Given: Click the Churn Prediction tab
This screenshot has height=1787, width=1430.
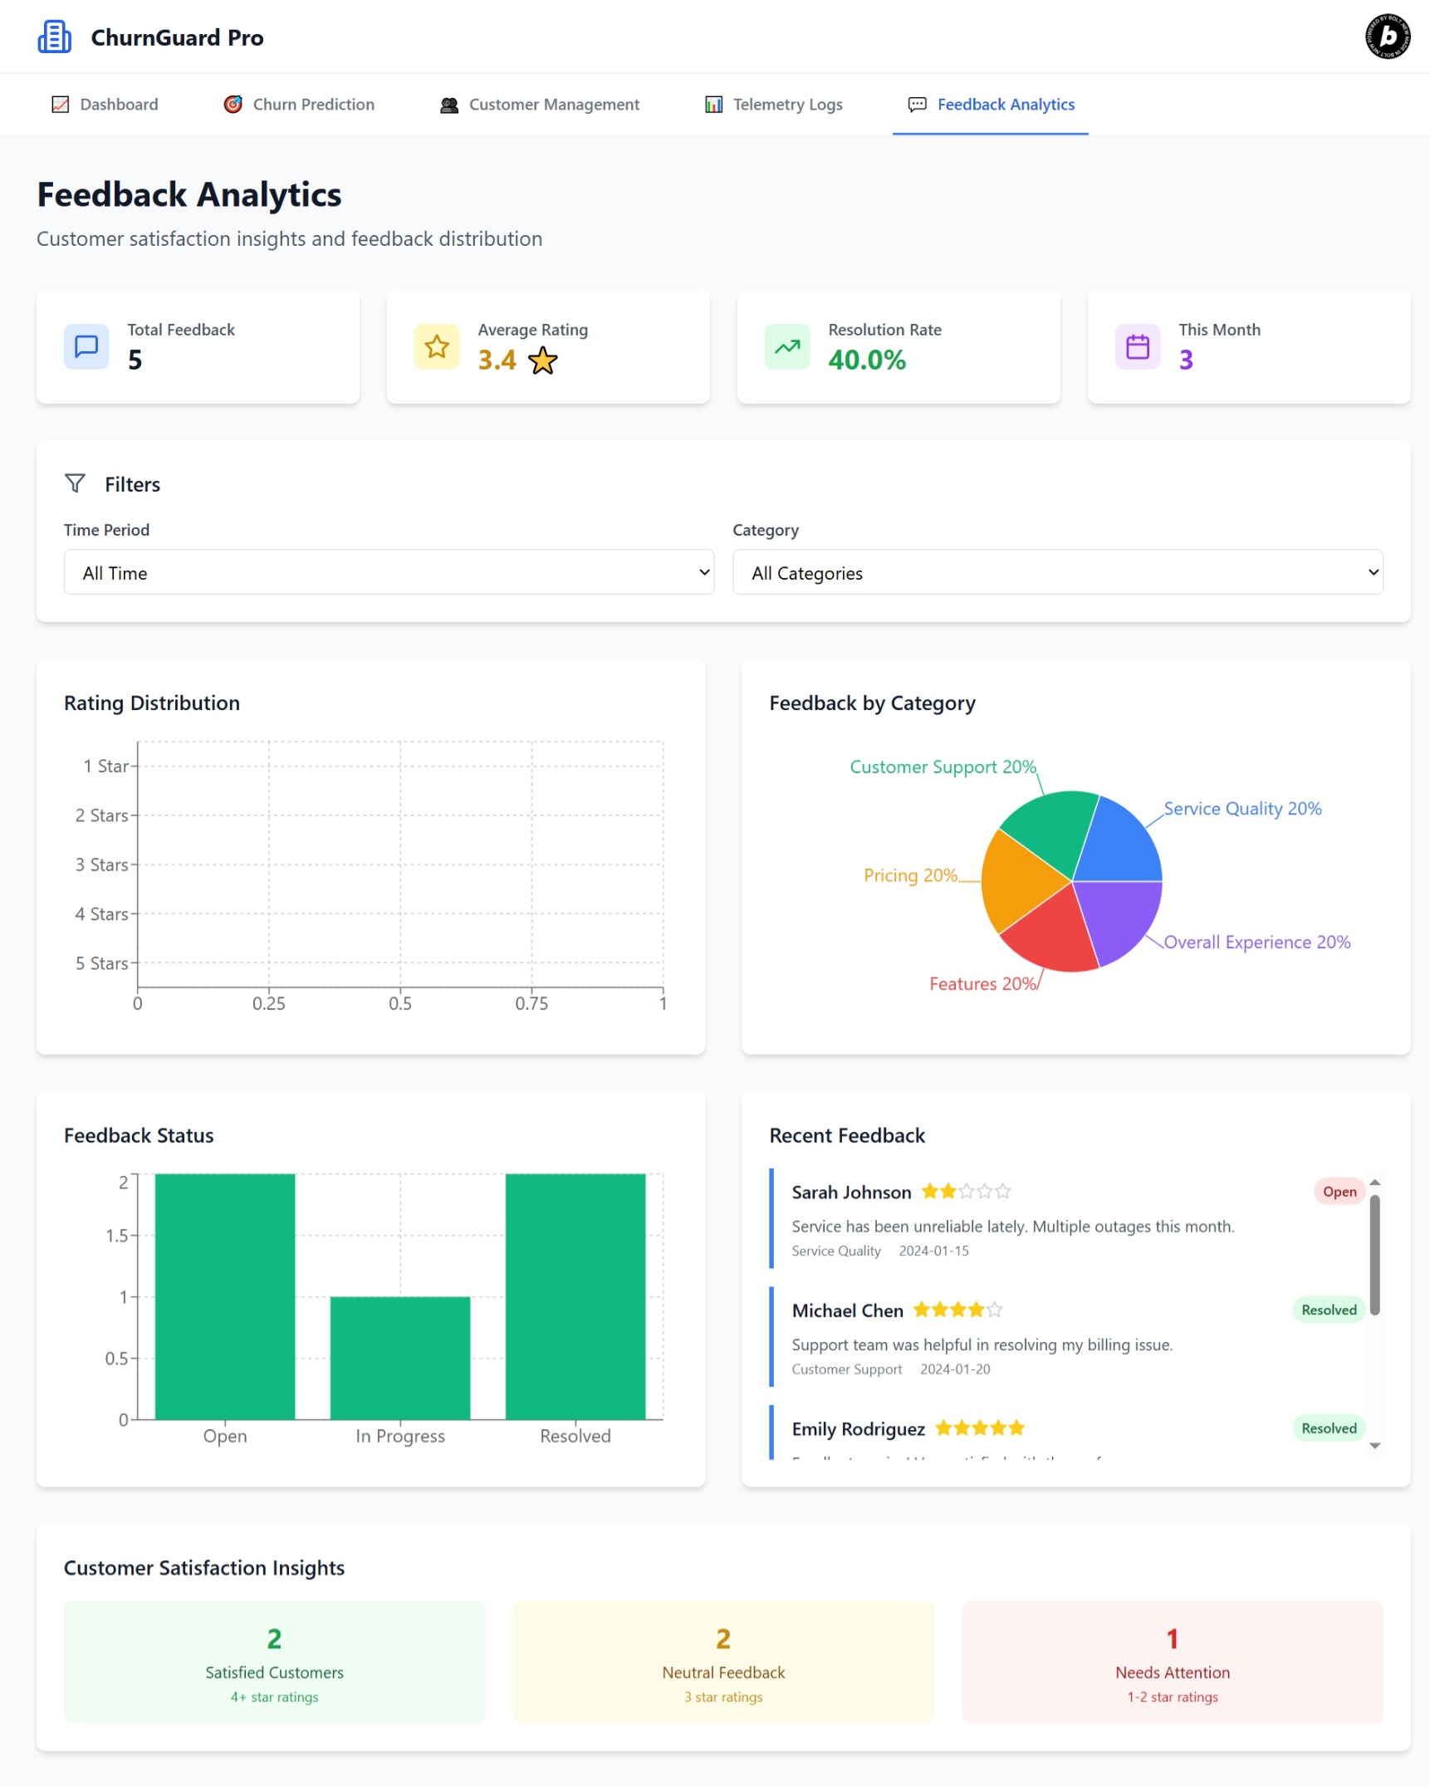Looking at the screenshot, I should point(299,105).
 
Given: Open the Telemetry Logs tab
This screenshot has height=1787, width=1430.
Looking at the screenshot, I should point(773,105).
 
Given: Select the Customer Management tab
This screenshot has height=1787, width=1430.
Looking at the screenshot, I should point(540,105).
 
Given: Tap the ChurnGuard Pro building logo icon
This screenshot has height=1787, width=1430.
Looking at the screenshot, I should point(55,37).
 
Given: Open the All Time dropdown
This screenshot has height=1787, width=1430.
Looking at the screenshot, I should point(389,572).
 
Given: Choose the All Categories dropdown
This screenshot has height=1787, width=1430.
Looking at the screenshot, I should point(1057,572).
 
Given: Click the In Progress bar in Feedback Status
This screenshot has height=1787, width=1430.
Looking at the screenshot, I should point(399,1358).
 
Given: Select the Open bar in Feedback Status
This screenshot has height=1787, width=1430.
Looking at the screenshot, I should point(224,1295).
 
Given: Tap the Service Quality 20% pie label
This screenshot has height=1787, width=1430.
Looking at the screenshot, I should point(1241,809).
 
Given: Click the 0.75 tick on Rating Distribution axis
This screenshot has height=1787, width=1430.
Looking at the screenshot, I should point(531,1003).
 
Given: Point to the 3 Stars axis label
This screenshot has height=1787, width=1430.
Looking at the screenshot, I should point(102,864).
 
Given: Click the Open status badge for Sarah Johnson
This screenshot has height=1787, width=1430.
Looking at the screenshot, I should point(1339,1192).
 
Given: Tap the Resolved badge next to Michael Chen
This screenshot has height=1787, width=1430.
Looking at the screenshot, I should point(1328,1310).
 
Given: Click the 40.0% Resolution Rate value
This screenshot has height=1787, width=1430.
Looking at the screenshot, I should point(866,360).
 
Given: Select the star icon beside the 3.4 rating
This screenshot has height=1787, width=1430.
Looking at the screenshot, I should point(543,360).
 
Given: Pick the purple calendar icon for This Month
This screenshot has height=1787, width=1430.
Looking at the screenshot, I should point(1137,346).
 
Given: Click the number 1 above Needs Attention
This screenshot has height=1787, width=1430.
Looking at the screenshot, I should point(1172,1638).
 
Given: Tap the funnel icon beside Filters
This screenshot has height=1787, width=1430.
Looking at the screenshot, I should point(75,483).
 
